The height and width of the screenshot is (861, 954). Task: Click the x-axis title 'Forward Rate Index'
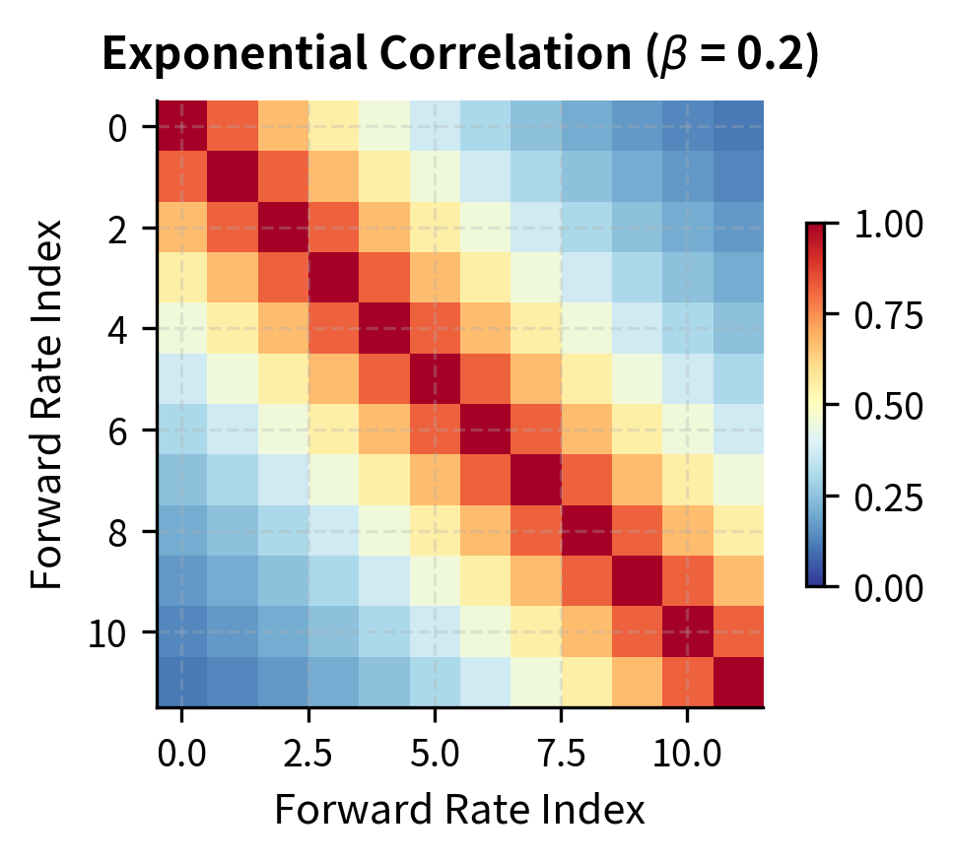click(x=459, y=810)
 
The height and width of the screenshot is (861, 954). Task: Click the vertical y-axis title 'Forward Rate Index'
click(x=46, y=404)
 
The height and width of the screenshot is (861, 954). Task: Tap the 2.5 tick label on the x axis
click(x=307, y=756)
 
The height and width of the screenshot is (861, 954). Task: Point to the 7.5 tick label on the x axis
click(x=561, y=756)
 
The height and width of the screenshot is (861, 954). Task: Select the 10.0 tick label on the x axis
click(x=687, y=756)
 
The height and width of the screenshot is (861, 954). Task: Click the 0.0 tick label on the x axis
click(x=181, y=756)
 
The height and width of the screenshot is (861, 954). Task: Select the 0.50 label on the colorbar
click(x=888, y=406)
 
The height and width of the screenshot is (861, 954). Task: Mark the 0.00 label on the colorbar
click(x=888, y=587)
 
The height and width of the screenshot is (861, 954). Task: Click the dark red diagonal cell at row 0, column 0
click(x=181, y=126)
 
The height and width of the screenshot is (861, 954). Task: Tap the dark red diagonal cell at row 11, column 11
click(x=737, y=683)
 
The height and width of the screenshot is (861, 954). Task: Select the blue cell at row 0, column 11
click(x=737, y=126)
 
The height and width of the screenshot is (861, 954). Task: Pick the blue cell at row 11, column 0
click(x=181, y=683)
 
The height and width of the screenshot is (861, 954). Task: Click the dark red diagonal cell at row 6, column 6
click(x=485, y=430)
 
